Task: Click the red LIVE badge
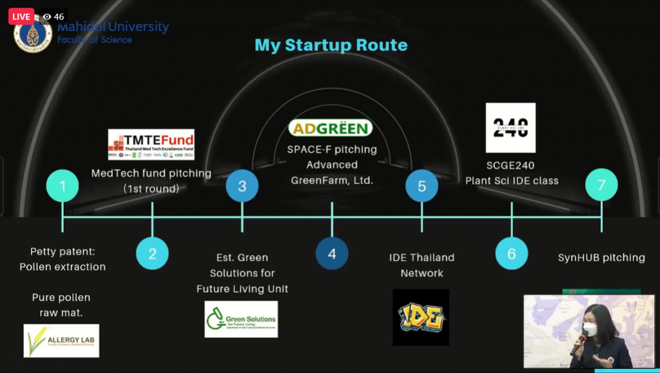click(x=21, y=16)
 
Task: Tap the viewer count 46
click(x=54, y=17)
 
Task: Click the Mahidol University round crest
click(x=33, y=36)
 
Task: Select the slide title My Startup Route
click(x=331, y=45)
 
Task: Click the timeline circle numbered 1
click(x=63, y=186)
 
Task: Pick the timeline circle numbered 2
click(x=152, y=254)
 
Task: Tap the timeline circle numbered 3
click(x=242, y=186)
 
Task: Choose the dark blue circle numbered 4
click(x=332, y=254)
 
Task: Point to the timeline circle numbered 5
click(x=422, y=186)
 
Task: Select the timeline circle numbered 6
click(x=511, y=254)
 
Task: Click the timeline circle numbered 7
click(x=601, y=186)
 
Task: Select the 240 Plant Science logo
click(x=510, y=128)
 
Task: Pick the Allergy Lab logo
click(x=61, y=341)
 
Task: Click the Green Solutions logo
click(x=241, y=319)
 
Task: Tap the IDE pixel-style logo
click(x=421, y=317)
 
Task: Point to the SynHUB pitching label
click(x=601, y=258)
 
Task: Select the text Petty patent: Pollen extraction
click(x=63, y=259)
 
